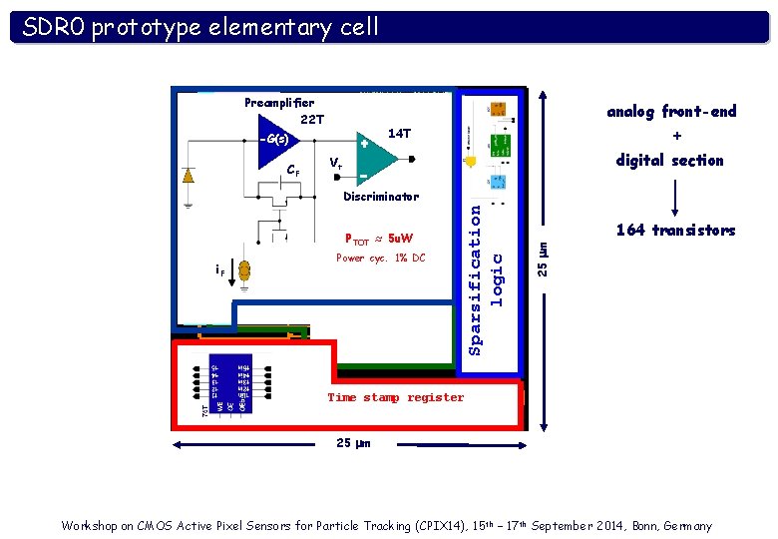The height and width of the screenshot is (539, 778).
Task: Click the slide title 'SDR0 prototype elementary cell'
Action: point(200,27)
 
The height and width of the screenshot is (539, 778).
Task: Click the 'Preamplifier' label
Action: point(279,102)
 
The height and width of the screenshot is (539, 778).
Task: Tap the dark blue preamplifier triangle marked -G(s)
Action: point(272,139)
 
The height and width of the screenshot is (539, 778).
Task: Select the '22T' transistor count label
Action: point(312,120)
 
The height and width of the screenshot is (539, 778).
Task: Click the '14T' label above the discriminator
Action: point(399,133)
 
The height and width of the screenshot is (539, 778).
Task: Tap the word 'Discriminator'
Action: point(381,197)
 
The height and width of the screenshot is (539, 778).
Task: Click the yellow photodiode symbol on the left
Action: point(189,176)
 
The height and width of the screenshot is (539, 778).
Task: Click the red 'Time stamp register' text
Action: point(396,397)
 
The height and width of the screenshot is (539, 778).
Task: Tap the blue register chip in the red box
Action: point(230,382)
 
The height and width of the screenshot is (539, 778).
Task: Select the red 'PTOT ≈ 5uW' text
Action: point(379,240)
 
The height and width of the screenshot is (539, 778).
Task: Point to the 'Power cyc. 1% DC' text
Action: point(380,259)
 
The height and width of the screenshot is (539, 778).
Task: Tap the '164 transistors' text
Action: point(675,231)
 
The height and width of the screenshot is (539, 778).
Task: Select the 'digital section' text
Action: point(669,160)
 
